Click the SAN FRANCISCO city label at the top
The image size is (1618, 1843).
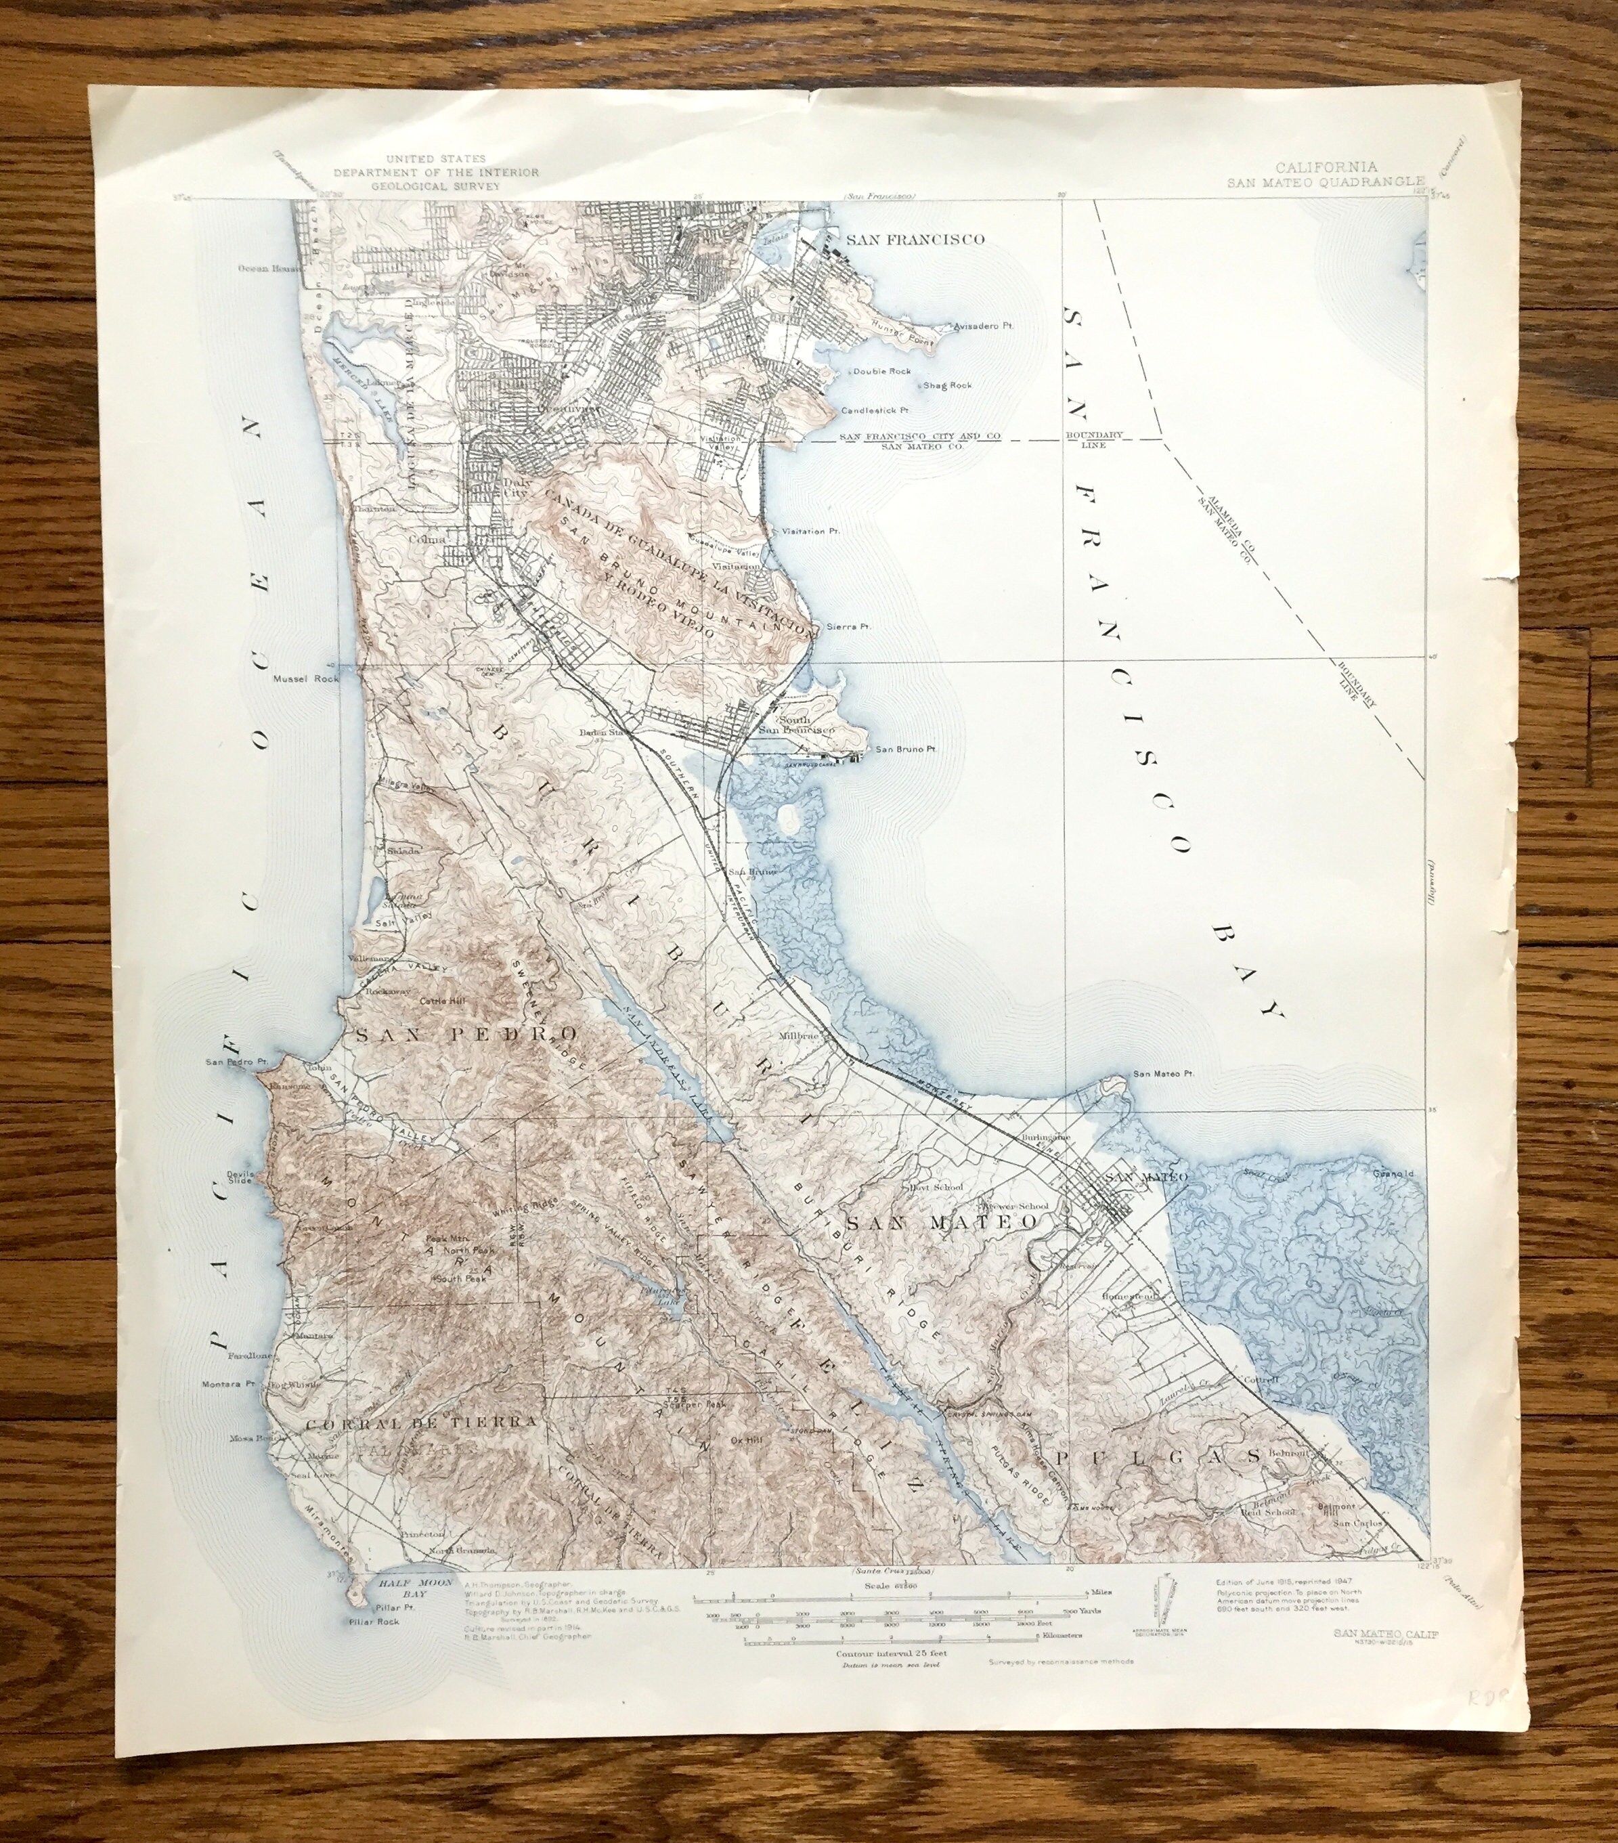click(x=914, y=239)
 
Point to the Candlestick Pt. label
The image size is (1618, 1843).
click(x=875, y=410)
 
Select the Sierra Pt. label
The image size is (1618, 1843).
click(x=849, y=626)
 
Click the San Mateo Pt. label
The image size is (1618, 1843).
click(x=1163, y=1073)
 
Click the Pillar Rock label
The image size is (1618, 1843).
click(x=376, y=1621)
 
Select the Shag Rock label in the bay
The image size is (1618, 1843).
click(x=947, y=385)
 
